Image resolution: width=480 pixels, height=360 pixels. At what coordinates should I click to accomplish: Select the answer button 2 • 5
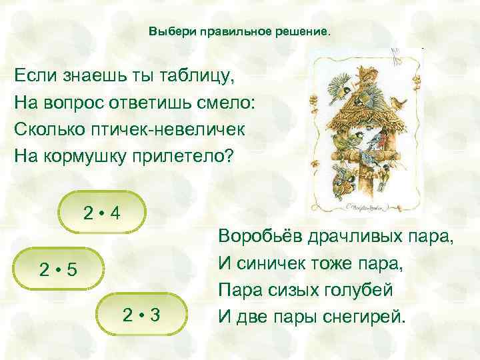[x=59, y=270]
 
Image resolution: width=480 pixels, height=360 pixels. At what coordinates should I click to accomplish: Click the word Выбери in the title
[x=168, y=32]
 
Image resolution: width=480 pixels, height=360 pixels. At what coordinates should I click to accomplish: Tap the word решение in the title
[x=303, y=32]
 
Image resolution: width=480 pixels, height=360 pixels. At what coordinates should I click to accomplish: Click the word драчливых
[x=357, y=238]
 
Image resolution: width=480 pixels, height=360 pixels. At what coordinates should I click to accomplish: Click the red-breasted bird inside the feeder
[x=377, y=141]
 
